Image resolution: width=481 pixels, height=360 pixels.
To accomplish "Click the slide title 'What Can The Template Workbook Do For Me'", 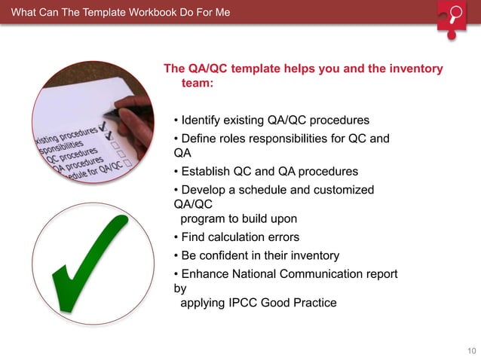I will [x=121, y=13].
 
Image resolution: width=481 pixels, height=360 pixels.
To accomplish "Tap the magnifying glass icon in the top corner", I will [x=455, y=16].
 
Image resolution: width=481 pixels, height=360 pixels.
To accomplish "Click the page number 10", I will [x=472, y=351].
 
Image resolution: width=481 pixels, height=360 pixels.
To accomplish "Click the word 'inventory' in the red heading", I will [x=417, y=69].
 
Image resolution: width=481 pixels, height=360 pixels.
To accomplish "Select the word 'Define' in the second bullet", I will [x=200, y=139].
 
